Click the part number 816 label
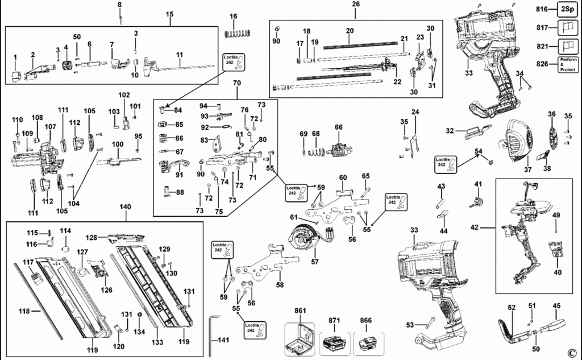[542, 9]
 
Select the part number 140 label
[124, 208]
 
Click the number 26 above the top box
[356, 5]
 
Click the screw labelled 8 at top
[120, 18]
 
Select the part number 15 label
[169, 14]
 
